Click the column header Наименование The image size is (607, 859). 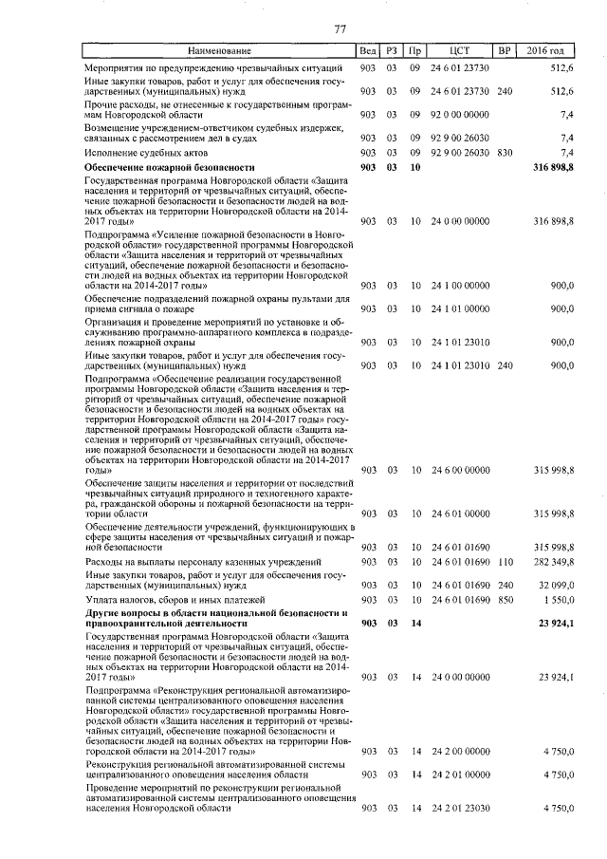219,50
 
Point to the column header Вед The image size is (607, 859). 368,50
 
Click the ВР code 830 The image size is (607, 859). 505,152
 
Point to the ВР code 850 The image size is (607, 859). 505,601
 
